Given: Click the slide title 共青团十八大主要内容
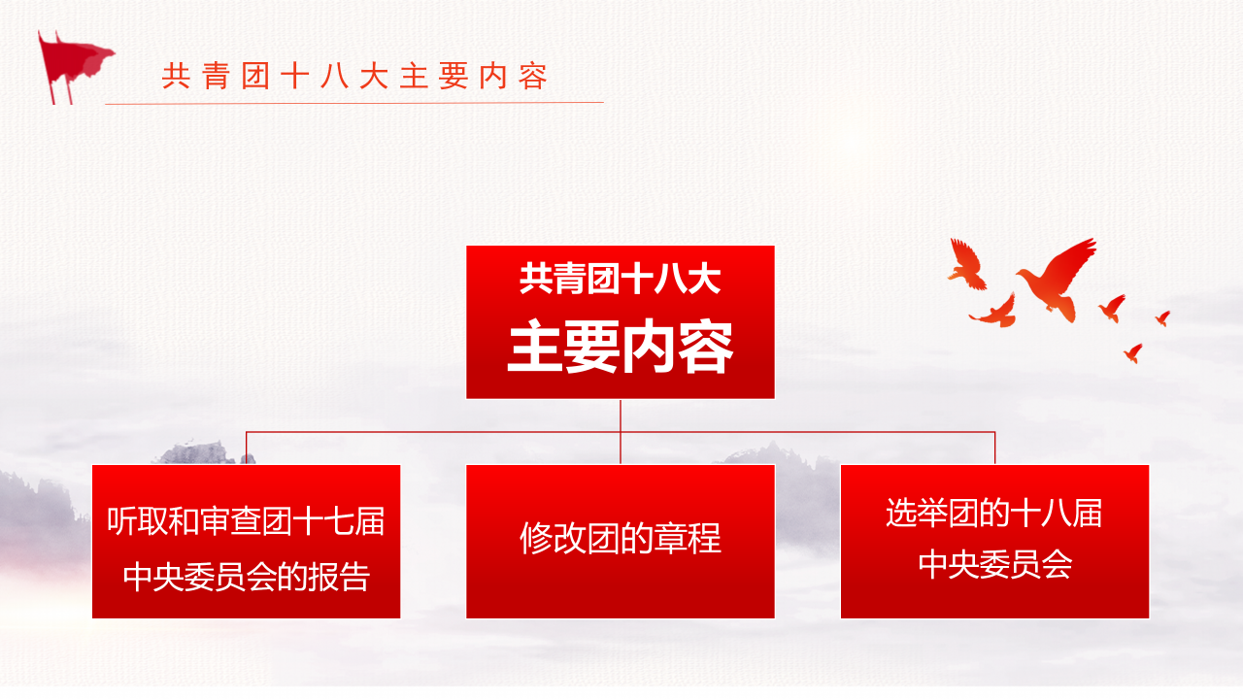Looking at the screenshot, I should click(x=355, y=77).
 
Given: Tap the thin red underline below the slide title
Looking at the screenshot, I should click(x=354, y=102).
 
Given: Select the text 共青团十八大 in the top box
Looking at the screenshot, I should click(x=620, y=281).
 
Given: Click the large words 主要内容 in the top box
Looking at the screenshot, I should click(x=620, y=348).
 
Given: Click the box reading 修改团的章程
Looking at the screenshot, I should click(x=620, y=541).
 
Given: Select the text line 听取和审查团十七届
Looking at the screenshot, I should click(x=246, y=521).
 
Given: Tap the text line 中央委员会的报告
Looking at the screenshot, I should click(x=246, y=577).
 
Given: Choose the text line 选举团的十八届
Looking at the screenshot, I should click(x=994, y=513).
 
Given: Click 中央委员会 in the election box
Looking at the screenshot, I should click(x=994, y=565).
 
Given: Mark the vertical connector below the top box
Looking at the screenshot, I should click(x=621, y=416).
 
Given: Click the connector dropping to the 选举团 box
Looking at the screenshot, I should click(x=995, y=448).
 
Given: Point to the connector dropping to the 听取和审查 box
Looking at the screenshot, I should click(x=246, y=448).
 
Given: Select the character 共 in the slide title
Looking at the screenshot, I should click(x=175, y=77).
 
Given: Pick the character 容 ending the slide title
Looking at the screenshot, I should click(x=533, y=77).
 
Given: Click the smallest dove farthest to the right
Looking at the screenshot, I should click(x=1162, y=317).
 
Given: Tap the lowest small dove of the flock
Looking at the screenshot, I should click(x=1132, y=352).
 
